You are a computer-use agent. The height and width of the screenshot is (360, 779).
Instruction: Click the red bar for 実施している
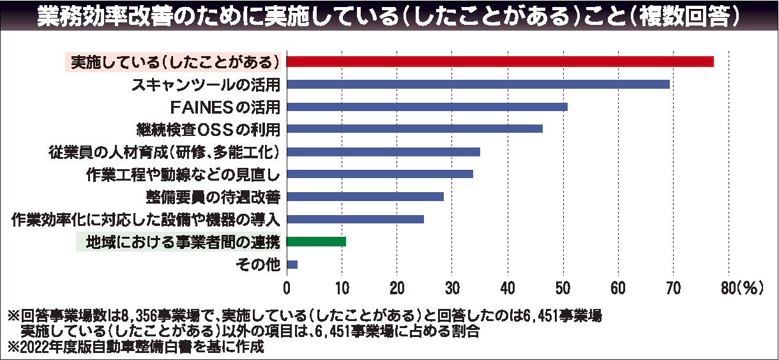pos(500,61)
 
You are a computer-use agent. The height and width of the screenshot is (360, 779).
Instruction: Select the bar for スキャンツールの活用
pos(478,84)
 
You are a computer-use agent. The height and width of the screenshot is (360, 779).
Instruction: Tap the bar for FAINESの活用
pos(427,107)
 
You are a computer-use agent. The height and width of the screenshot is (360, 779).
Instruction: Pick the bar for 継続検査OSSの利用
pos(414,129)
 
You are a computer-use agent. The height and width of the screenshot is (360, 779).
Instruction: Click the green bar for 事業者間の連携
pos(317,241)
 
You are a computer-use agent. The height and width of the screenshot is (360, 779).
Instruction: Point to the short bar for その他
pos(292,264)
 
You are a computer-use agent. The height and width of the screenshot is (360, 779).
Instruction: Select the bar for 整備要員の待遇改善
pos(365,197)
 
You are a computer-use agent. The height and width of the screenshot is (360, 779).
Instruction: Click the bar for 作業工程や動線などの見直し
pos(380,174)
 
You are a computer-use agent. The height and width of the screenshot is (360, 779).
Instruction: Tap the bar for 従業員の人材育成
pos(383,152)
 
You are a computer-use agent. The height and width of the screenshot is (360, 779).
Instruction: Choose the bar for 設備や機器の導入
pos(356,219)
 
